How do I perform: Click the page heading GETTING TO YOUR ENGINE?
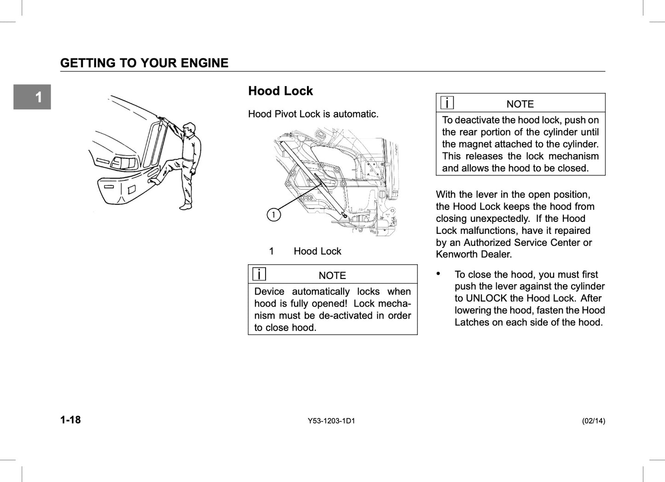point(144,63)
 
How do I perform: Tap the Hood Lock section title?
point(280,91)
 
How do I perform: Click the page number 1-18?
point(70,420)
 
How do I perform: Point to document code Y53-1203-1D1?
point(331,421)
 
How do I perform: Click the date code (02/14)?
point(593,421)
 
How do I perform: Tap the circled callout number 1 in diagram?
point(274,215)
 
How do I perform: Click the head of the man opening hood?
point(189,129)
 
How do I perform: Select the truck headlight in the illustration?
point(123,163)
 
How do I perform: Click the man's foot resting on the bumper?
point(155,181)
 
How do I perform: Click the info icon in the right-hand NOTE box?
point(447,103)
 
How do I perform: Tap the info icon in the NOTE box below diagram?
point(259,274)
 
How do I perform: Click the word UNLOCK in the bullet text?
point(486,298)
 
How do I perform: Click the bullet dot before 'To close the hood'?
point(439,274)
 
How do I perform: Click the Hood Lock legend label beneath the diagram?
point(317,251)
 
